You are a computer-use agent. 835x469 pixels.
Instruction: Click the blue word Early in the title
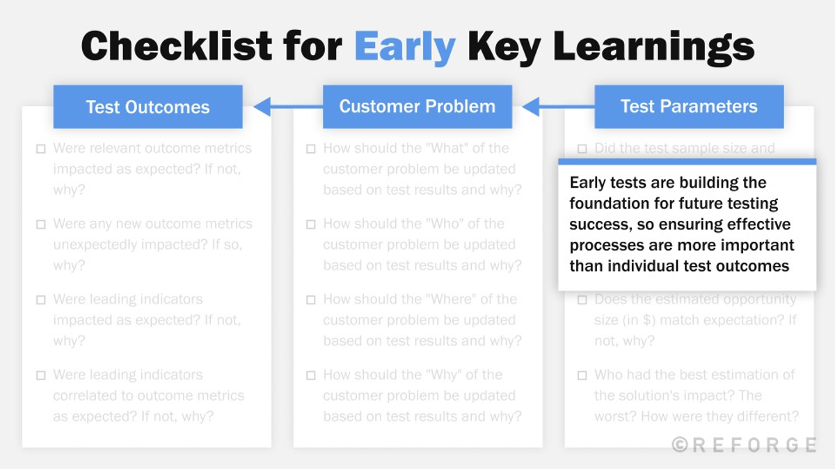point(404,47)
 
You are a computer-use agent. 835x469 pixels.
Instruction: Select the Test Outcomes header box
point(148,107)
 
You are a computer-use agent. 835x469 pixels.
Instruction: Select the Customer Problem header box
point(417,106)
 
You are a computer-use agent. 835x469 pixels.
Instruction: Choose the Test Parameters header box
point(689,106)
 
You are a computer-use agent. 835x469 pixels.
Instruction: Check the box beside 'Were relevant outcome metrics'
point(41,149)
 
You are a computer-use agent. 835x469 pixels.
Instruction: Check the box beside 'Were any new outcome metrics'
point(41,224)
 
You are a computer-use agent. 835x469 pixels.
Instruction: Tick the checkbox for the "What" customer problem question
point(311,149)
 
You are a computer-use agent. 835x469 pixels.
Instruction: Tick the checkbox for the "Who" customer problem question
point(311,224)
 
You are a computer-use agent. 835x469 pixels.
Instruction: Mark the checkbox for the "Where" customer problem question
point(311,300)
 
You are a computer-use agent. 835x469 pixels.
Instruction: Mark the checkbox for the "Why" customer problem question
point(311,376)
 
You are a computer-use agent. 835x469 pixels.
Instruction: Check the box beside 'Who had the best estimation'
point(582,376)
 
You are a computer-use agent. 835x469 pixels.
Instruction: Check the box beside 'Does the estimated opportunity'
point(582,300)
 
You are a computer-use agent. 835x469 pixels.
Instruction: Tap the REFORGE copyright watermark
point(744,445)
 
